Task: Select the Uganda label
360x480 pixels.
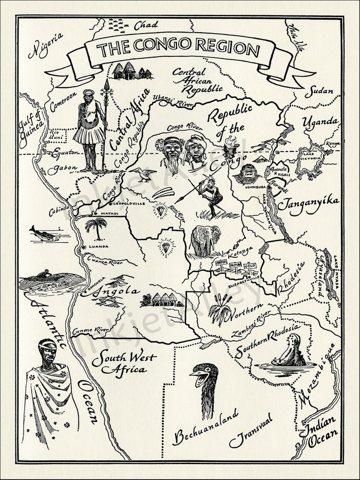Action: coord(320,122)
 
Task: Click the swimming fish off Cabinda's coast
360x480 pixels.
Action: coord(44,234)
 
